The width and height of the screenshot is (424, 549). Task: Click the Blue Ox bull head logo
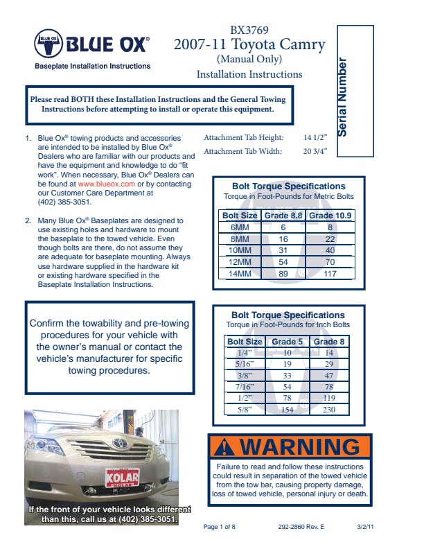pyautogui.click(x=48, y=44)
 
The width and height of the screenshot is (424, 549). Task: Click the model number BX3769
pyautogui.click(x=249, y=30)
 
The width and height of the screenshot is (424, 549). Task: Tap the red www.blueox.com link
pyautogui.click(x=107, y=184)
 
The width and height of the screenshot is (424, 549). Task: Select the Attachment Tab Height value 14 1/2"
pyautogui.click(x=315, y=137)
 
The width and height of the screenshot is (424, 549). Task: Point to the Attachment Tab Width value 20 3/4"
pyautogui.click(x=315, y=151)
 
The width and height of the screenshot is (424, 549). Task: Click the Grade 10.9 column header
pyautogui.click(x=330, y=216)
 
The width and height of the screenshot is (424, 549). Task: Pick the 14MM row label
pyautogui.click(x=240, y=273)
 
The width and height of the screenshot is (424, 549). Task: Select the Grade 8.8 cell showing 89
pyautogui.click(x=283, y=273)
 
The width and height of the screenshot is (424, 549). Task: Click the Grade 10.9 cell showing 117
pyautogui.click(x=330, y=273)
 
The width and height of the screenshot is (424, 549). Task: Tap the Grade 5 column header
pyautogui.click(x=288, y=341)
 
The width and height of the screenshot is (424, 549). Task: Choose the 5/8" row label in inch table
pyautogui.click(x=245, y=409)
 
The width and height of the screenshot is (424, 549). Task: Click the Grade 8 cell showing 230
pyautogui.click(x=329, y=409)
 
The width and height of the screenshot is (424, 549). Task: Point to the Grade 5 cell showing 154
pyautogui.click(x=288, y=409)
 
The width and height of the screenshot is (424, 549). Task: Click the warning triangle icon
pyautogui.click(x=224, y=447)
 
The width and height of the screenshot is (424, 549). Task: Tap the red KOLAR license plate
pyautogui.click(x=122, y=478)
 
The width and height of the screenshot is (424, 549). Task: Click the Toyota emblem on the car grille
pyautogui.click(x=120, y=444)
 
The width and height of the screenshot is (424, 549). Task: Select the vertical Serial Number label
pyautogui.click(x=342, y=97)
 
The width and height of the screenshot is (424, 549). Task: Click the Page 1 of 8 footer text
pyautogui.click(x=220, y=527)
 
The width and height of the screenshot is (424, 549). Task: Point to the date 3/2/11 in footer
pyautogui.click(x=365, y=527)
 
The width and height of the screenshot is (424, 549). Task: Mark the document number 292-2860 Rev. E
pyautogui.click(x=301, y=527)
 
